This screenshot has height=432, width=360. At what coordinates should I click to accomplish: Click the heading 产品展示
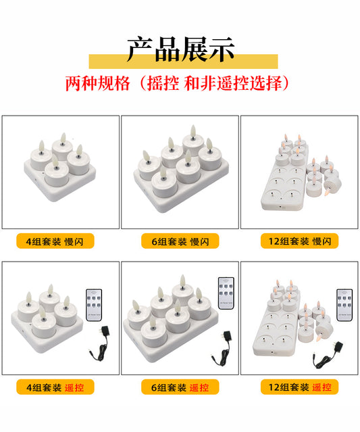tap(181, 49)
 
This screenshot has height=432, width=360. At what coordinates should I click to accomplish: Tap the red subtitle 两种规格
tap(97, 83)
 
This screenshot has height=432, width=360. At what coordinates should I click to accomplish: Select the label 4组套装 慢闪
tap(55, 241)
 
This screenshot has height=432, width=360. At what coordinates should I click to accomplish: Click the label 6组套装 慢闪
tap(180, 241)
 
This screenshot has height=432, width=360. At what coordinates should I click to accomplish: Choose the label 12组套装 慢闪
tap(299, 241)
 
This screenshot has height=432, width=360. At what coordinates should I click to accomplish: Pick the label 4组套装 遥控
tap(55, 387)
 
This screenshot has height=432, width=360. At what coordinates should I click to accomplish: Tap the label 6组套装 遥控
tap(180, 387)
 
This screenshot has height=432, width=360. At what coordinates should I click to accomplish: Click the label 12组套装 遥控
tap(299, 387)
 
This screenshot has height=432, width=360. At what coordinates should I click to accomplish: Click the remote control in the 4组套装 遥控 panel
tap(94, 305)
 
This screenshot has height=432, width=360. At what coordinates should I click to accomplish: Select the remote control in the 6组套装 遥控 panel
tap(226, 293)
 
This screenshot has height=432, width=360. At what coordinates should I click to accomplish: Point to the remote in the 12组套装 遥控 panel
tap(344, 305)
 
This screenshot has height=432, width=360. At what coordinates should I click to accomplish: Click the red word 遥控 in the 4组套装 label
tap(74, 387)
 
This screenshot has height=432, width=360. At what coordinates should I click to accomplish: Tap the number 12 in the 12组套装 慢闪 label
tap(274, 241)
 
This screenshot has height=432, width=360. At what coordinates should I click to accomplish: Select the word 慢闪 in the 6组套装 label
tap(200, 241)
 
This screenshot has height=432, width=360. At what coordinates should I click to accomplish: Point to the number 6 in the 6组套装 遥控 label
tap(154, 387)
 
